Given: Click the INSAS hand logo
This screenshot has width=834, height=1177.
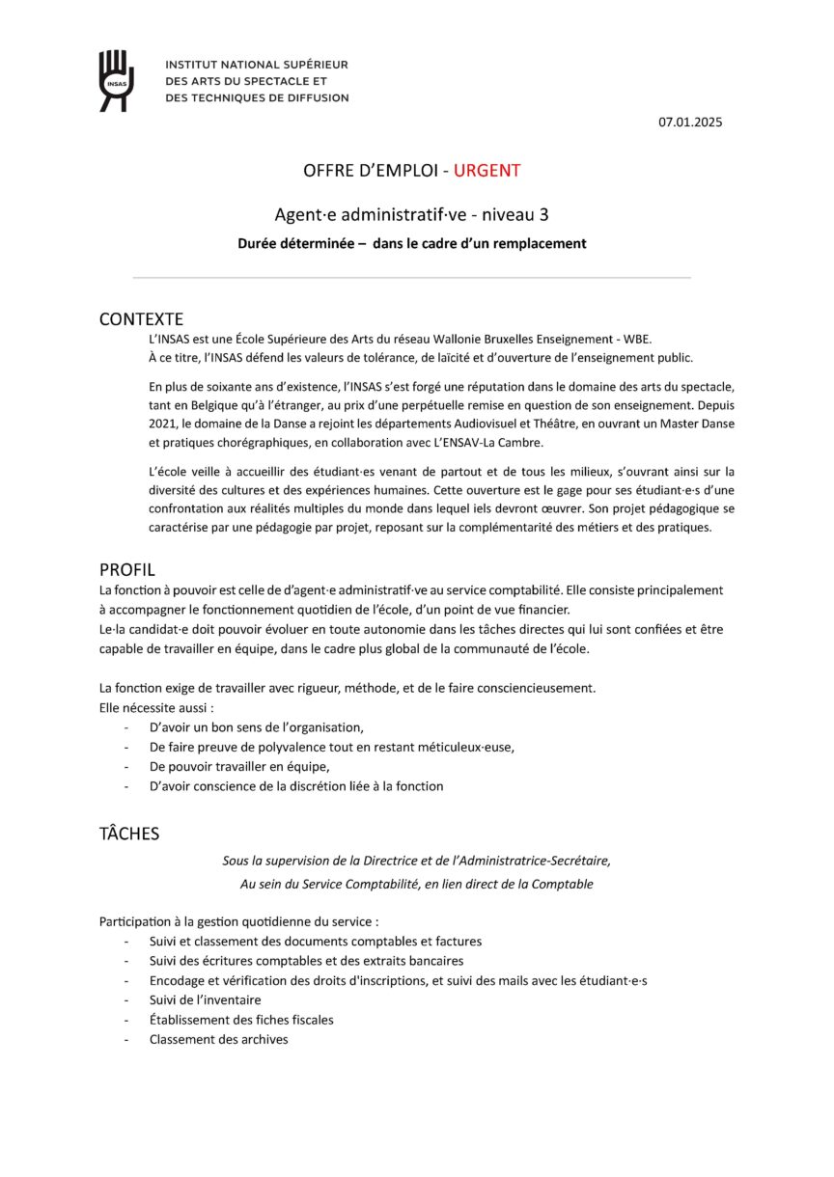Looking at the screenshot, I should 116,80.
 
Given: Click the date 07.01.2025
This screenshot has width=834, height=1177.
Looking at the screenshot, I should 690,123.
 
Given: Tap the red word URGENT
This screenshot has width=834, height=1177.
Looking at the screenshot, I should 486,171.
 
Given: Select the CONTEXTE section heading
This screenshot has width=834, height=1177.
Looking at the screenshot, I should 141,319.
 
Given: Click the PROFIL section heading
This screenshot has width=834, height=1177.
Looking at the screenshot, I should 126,569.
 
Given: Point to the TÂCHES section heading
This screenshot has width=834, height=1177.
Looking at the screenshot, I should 129,834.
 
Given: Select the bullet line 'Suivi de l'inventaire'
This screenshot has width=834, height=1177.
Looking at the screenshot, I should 205,999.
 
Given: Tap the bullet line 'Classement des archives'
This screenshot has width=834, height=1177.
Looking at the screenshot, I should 218,1039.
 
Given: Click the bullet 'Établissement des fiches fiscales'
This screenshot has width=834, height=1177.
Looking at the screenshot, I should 241,1019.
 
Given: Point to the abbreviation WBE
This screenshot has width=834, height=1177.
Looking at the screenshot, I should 636,339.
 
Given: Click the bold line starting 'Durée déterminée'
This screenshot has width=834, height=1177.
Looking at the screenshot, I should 411,243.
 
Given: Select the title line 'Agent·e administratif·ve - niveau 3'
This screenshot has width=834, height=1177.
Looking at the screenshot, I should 411,214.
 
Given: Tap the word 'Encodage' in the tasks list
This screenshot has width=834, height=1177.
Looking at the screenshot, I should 178,980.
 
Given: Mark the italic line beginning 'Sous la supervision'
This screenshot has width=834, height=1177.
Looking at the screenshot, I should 416,860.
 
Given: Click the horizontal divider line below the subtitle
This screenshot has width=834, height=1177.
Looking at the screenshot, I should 411,278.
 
